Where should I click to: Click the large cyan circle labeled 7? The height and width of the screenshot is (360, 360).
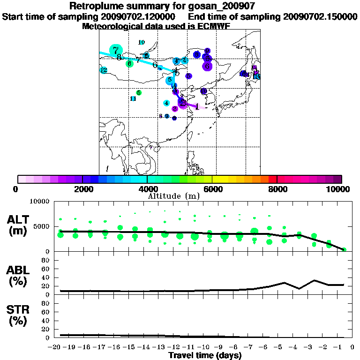115,50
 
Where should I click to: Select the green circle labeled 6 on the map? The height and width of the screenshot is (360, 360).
129,64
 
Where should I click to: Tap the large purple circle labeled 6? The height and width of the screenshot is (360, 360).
207,67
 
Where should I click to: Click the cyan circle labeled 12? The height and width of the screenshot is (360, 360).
104,70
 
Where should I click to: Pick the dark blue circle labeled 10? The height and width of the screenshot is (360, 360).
203,91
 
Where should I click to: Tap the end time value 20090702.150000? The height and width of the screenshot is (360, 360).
321,16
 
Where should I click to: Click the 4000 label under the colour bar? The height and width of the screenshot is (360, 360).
147,189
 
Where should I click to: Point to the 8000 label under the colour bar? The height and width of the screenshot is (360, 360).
277,189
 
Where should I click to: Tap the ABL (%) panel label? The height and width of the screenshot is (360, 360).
18,277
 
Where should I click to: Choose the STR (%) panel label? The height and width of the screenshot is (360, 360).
18,315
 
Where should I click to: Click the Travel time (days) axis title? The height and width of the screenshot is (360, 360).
205,356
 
